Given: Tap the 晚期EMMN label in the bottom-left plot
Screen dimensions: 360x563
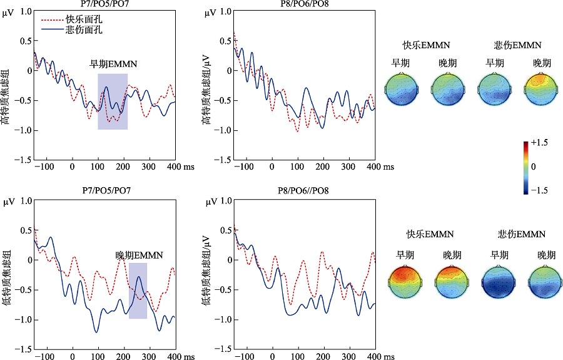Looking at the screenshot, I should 139,255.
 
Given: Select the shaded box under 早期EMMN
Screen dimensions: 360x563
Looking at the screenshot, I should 113,101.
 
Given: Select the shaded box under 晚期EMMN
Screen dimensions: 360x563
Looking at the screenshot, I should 138,291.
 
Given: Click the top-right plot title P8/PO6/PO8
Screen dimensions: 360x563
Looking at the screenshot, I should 304,4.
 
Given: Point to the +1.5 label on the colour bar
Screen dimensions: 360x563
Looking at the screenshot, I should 540,143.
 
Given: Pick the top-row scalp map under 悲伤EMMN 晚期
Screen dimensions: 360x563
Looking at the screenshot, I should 542,88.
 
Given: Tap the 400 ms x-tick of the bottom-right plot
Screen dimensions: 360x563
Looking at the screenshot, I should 372,356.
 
